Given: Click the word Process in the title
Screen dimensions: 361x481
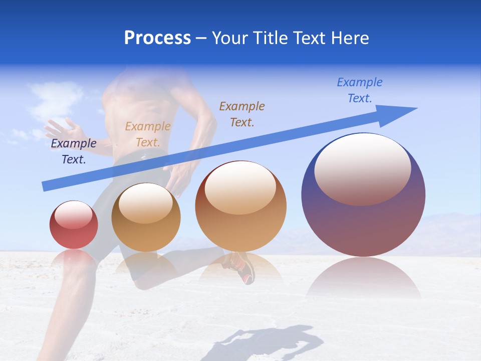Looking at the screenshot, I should point(157,38).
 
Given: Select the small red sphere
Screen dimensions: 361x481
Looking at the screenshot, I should point(74,225).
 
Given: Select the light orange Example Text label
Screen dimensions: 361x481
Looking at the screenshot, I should point(148,134).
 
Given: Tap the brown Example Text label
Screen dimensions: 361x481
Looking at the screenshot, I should point(242,114).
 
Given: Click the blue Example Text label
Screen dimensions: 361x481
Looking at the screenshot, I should point(360,90).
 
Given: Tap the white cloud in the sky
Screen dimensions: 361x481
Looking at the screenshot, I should point(55,98).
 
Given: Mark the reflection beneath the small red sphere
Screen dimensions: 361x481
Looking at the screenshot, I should point(74,258).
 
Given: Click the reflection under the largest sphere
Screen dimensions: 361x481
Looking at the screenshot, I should point(363,278).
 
